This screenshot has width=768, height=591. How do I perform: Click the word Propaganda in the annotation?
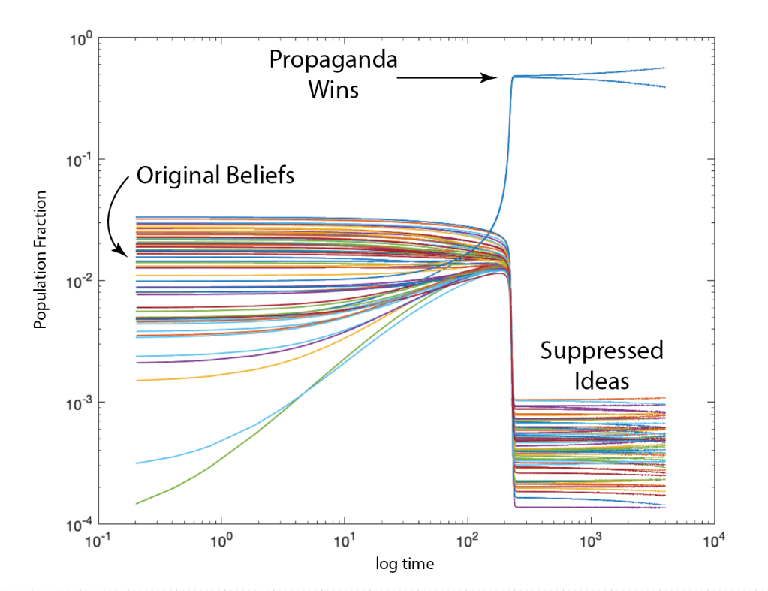point(333,60)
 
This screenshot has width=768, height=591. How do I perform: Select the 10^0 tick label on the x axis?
point(221,540)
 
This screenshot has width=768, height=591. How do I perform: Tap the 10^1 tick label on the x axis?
point(345,540)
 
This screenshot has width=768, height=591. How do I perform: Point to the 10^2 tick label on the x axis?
point(468,540)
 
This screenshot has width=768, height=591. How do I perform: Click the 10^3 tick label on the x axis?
point(592,540)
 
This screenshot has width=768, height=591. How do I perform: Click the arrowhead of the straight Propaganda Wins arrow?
point(491,77)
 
